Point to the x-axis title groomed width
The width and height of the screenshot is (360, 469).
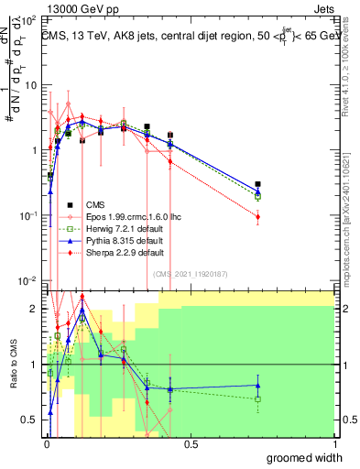(303, 457)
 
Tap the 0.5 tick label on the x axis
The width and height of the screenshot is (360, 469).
(191, 444)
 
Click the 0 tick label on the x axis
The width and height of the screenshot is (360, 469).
(46, 444)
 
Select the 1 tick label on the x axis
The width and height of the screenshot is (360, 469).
(334, 444)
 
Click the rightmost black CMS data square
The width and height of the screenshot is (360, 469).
(258, 184)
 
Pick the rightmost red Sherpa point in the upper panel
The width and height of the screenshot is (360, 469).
(258, 217)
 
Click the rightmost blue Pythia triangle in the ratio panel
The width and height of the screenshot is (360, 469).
(258, 385)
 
